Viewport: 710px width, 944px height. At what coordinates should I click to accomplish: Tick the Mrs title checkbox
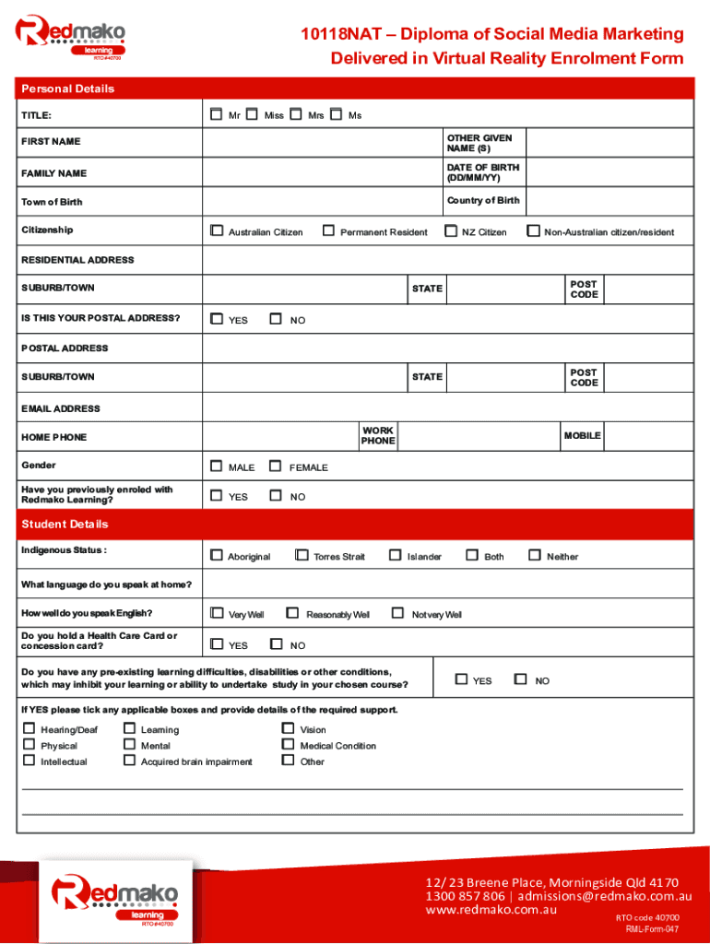[x=295, y=115]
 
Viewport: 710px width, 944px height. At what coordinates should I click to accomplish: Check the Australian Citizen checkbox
[x=217, y=231]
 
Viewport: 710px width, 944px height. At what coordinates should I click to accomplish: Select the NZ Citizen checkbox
[x=451, y=231]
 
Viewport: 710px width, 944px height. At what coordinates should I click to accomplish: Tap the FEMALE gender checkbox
[x=275, y=466]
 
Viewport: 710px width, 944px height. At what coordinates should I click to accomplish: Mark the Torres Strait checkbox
[x=302, y=556]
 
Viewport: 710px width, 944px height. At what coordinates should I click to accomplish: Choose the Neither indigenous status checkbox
[x=534, y=556]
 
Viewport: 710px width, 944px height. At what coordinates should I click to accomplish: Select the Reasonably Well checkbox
[x=292, y=613]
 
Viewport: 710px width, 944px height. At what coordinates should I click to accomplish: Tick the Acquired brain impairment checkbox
[x=130, y=761]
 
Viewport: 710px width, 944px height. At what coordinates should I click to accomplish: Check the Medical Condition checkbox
[x=289, y=745]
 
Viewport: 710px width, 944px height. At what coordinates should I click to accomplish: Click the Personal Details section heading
[x=67, y=88]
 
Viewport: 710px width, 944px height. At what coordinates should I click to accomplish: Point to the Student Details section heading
[x=65, y=524]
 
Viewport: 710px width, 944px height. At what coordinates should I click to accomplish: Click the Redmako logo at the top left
[x=69, y=37]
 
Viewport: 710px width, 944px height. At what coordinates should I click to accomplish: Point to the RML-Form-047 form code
[x=652, y=929]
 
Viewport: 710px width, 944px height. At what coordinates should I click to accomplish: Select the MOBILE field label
[x=582, y=435]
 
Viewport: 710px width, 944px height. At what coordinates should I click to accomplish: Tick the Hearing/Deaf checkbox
[x=30, y=729]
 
